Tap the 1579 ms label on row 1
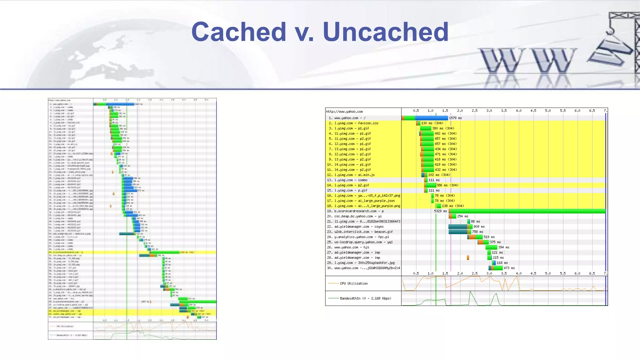pos(455,118)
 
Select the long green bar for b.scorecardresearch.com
pos(528,211)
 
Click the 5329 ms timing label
pos(440,211)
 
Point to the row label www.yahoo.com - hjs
pos(352,247)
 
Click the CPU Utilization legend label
pos(353,283)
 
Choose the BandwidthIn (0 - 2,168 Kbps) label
pos(365,298)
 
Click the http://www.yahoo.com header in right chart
pos(344,112)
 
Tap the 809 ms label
pos(479,227)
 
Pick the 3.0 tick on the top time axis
pos(489,111)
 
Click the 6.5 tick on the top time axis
pos(592,111)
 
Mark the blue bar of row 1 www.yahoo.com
pos(431,118)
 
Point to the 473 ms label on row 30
pos(509,268)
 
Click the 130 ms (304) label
pos(432,123)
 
